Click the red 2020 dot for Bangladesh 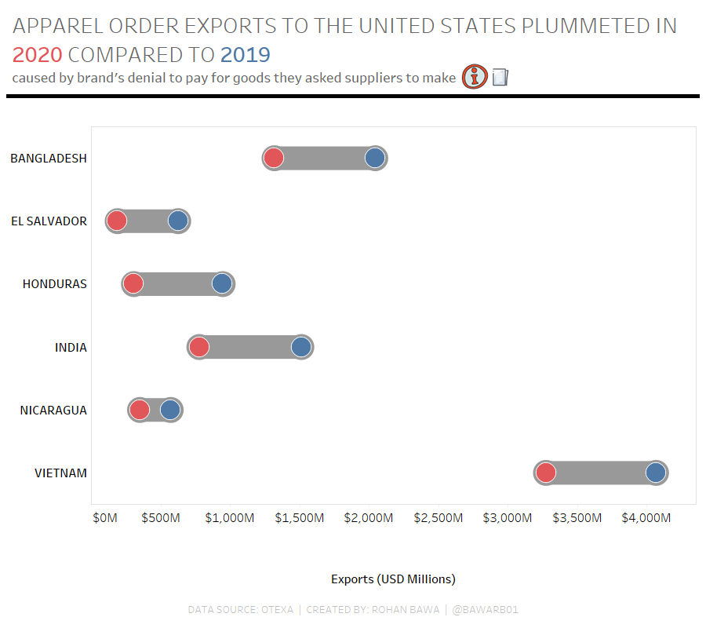tap(273, 158)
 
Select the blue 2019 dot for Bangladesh tap(375, 158)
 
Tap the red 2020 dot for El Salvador tap(117, 221)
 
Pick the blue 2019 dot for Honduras tap(222, 283)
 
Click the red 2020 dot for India tap(199, 347)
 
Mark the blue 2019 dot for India tap(301, 347)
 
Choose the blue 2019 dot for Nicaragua tap(170, 410)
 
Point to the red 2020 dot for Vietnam tap(546, 473)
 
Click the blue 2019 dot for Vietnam tap(656, 473)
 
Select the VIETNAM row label tap(60, 473)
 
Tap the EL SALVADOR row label tap(49, 221)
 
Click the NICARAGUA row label tap(53, 411)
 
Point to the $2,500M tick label tap(438, 518)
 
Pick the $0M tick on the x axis tap(105, 518)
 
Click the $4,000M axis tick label tap(646, 518)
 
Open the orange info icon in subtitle tap(475, 77)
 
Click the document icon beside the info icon tap(500, 77)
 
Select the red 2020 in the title tap(37, 55)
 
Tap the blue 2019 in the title tap(246, 55)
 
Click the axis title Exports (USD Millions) tap(393, 579)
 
